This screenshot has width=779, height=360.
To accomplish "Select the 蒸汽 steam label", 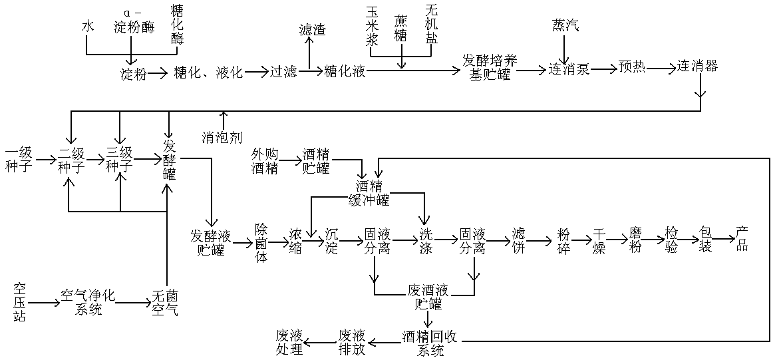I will coord(565,25).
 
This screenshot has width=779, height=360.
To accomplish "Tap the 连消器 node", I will coord(697,67).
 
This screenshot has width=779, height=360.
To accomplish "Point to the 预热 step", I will coord(631,67).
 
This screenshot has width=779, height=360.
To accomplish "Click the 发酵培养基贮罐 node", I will coord(490,67).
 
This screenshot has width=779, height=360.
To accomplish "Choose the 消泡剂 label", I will coord(222,138).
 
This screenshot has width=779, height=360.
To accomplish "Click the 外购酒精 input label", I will coord(264,160).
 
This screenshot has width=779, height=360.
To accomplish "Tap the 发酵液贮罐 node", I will coord(211,242).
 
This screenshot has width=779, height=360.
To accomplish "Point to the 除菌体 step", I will coord(261,242).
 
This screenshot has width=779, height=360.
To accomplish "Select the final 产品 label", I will coord(742,239).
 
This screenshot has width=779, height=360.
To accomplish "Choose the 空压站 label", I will coord(19,303).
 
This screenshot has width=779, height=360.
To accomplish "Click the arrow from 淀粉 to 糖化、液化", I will coord(158,73).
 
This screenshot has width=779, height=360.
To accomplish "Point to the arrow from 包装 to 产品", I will coord(722,238).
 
